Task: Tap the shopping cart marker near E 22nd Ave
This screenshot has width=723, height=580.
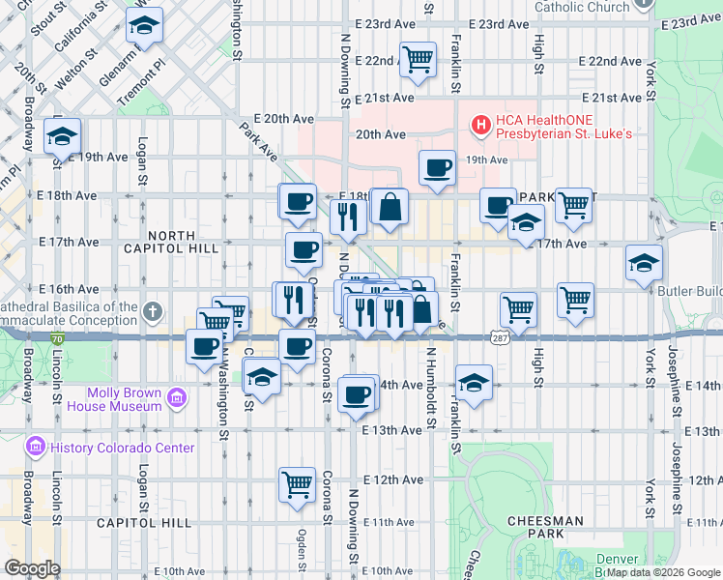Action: [418, 58]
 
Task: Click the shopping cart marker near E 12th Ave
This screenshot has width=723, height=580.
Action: [297, 483]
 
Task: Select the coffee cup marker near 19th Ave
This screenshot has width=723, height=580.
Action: [437, 167]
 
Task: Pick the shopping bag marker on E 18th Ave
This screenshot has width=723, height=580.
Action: [389, 207]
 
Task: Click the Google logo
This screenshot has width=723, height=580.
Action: [32, 568]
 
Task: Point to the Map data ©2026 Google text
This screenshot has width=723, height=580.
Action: [662, 572]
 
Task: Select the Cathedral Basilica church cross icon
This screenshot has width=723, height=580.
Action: [152, 312]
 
